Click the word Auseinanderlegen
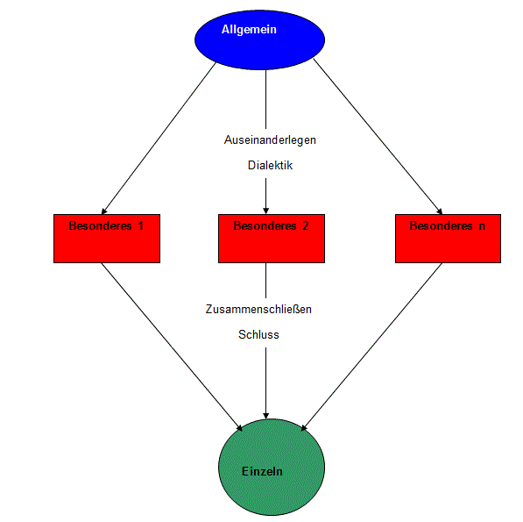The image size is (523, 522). point(270,140)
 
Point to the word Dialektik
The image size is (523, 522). point(270,165)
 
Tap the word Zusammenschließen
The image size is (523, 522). point(258,310)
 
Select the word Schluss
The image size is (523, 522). point(258,334)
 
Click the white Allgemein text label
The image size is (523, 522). point(249,29)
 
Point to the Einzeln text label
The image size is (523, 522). point(262,472)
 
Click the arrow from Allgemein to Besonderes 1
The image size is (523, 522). point(159,138)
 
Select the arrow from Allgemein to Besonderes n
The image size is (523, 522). point(378,137)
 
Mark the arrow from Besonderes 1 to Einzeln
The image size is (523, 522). point(172,347)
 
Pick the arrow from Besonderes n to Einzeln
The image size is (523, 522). point(371,347)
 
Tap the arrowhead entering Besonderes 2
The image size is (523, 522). point(265,211)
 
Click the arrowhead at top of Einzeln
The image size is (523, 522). point(265,416)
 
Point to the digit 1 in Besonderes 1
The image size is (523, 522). point(141,226)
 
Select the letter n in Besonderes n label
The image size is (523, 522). point(482,226)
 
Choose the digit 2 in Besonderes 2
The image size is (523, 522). point(305,226)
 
